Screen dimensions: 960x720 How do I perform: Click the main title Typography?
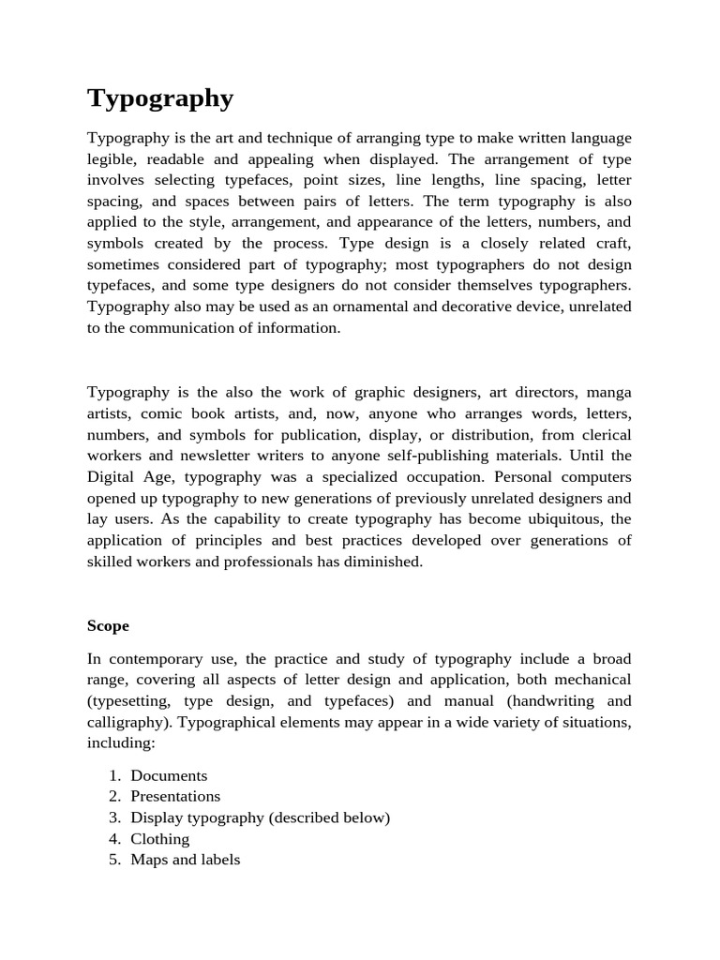160,98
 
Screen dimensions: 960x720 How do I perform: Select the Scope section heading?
108,625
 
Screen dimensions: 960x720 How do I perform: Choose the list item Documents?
169,775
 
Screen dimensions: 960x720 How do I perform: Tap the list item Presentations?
175,796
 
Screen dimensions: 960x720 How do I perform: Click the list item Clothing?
159,838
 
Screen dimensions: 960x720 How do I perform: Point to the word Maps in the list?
148,859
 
